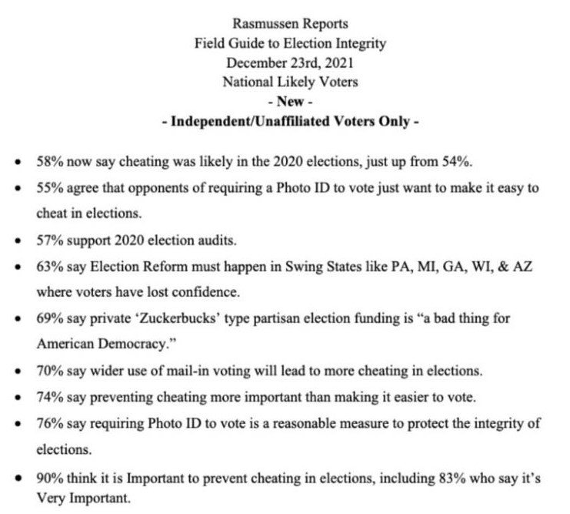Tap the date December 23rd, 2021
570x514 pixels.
[285, 62]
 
